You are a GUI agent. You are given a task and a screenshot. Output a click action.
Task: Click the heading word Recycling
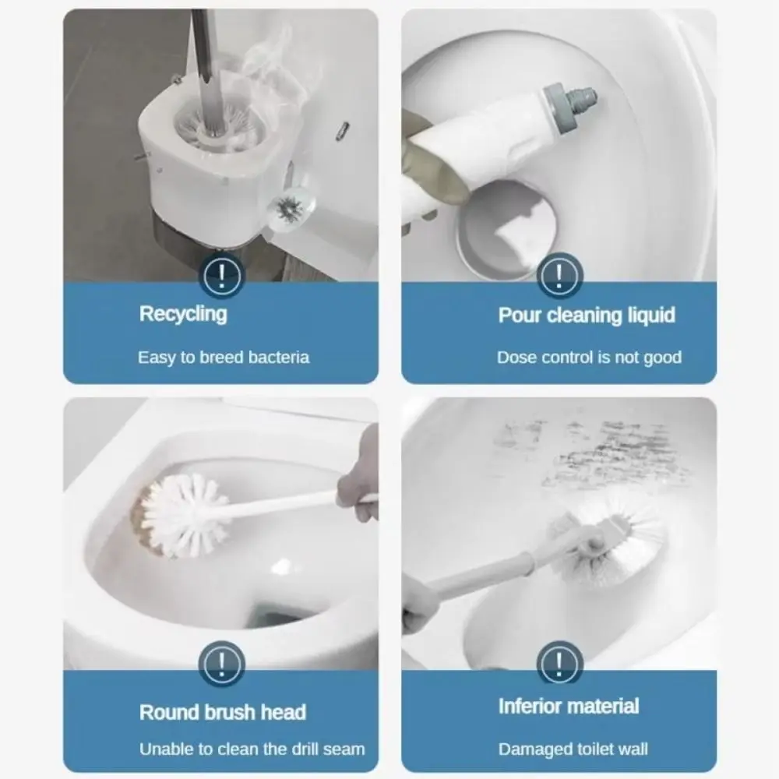pyautogui.click(x=183, y=314)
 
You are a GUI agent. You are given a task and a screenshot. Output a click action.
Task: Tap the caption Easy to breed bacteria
pyautogui.click(x=224, y=358)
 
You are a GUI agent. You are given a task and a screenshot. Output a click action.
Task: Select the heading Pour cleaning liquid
pyautogui.click(x=586, y=315)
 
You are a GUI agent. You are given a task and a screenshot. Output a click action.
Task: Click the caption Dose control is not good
pyautogui.click(x=589, y=358)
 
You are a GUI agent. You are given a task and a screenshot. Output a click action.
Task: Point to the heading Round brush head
pyautogui.click(x=223, y=712)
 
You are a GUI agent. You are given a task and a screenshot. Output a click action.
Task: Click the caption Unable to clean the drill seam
pyautogui.click(x=252, y=749)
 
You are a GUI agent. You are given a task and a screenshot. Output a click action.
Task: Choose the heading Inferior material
pyautogui.click(x=569, y=707)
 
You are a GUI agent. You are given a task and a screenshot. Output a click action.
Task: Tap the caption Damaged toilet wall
pyautogui.click(x=573, y=749)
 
